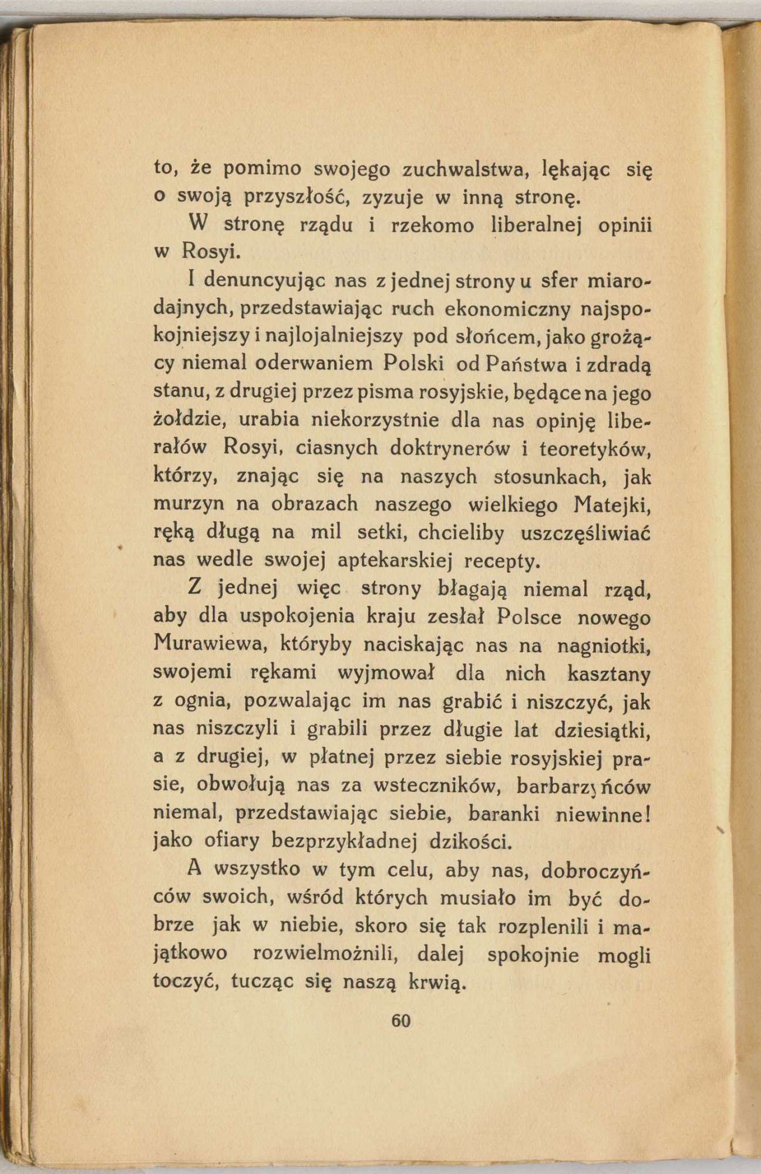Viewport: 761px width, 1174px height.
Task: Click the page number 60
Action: pos(401,1021)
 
